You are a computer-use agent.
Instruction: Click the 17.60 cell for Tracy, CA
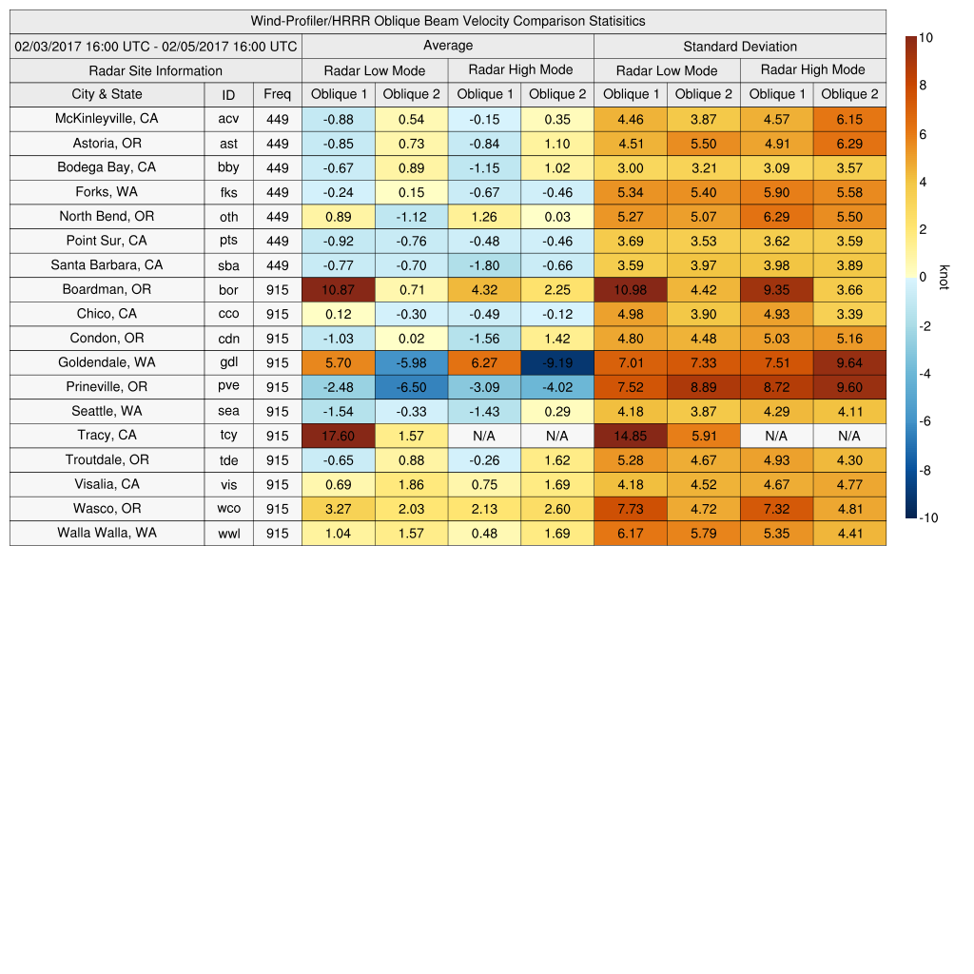point(338,436)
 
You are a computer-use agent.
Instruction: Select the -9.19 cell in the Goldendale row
point(556,362)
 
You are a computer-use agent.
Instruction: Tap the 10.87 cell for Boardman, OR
point(338,289)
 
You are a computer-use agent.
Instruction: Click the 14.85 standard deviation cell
point(630,436)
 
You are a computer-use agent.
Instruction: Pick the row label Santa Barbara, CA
point(107,265)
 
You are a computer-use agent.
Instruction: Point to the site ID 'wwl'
point(228,534)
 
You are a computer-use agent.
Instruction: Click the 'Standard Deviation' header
point(740,47)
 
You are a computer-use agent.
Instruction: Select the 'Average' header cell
point(447,46)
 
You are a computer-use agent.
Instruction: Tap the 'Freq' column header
point(277,94)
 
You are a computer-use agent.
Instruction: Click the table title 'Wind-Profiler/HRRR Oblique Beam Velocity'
point(447,21)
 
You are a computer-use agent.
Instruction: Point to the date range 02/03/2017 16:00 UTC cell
point(156,46)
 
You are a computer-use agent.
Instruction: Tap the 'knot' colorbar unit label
point(945,277)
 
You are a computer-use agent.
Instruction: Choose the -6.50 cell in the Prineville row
point(411,387)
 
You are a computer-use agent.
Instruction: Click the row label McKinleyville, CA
point(107,118)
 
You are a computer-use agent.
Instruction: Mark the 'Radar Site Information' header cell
point(156,70)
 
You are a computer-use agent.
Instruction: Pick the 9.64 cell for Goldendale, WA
point(849,362)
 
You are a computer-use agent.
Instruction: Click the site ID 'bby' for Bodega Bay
point(228,168)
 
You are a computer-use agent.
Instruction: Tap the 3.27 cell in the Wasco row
point(338,509)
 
